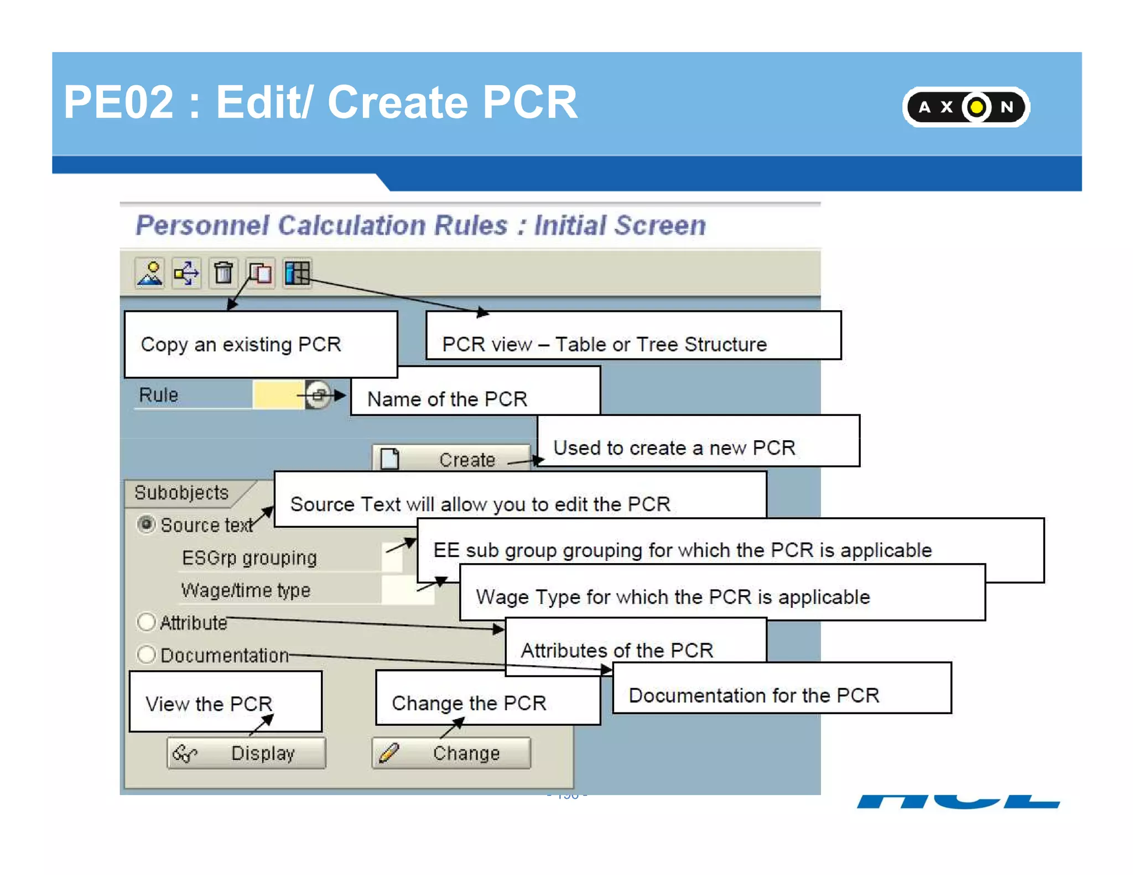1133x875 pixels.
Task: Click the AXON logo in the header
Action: pos(965,107)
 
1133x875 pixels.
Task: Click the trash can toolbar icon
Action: pos(224,273)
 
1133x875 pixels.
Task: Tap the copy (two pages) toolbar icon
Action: pos(260,273)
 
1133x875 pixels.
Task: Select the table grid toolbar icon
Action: pos(297,273)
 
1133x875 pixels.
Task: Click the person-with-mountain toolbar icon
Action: pos(150,273)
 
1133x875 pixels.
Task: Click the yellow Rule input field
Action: pos(278,395)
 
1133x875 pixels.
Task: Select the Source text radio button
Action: pos(146,524)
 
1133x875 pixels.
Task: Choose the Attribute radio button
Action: pos(146,622)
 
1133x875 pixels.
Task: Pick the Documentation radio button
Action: pos(146,654)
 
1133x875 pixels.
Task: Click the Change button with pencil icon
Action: pos(451,753)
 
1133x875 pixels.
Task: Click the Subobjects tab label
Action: pos(181,492)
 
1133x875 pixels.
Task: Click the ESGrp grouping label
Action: pos(249,558)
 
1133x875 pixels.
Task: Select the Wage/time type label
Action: pos(246,590)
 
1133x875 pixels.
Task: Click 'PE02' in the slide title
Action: pos(118,102)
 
